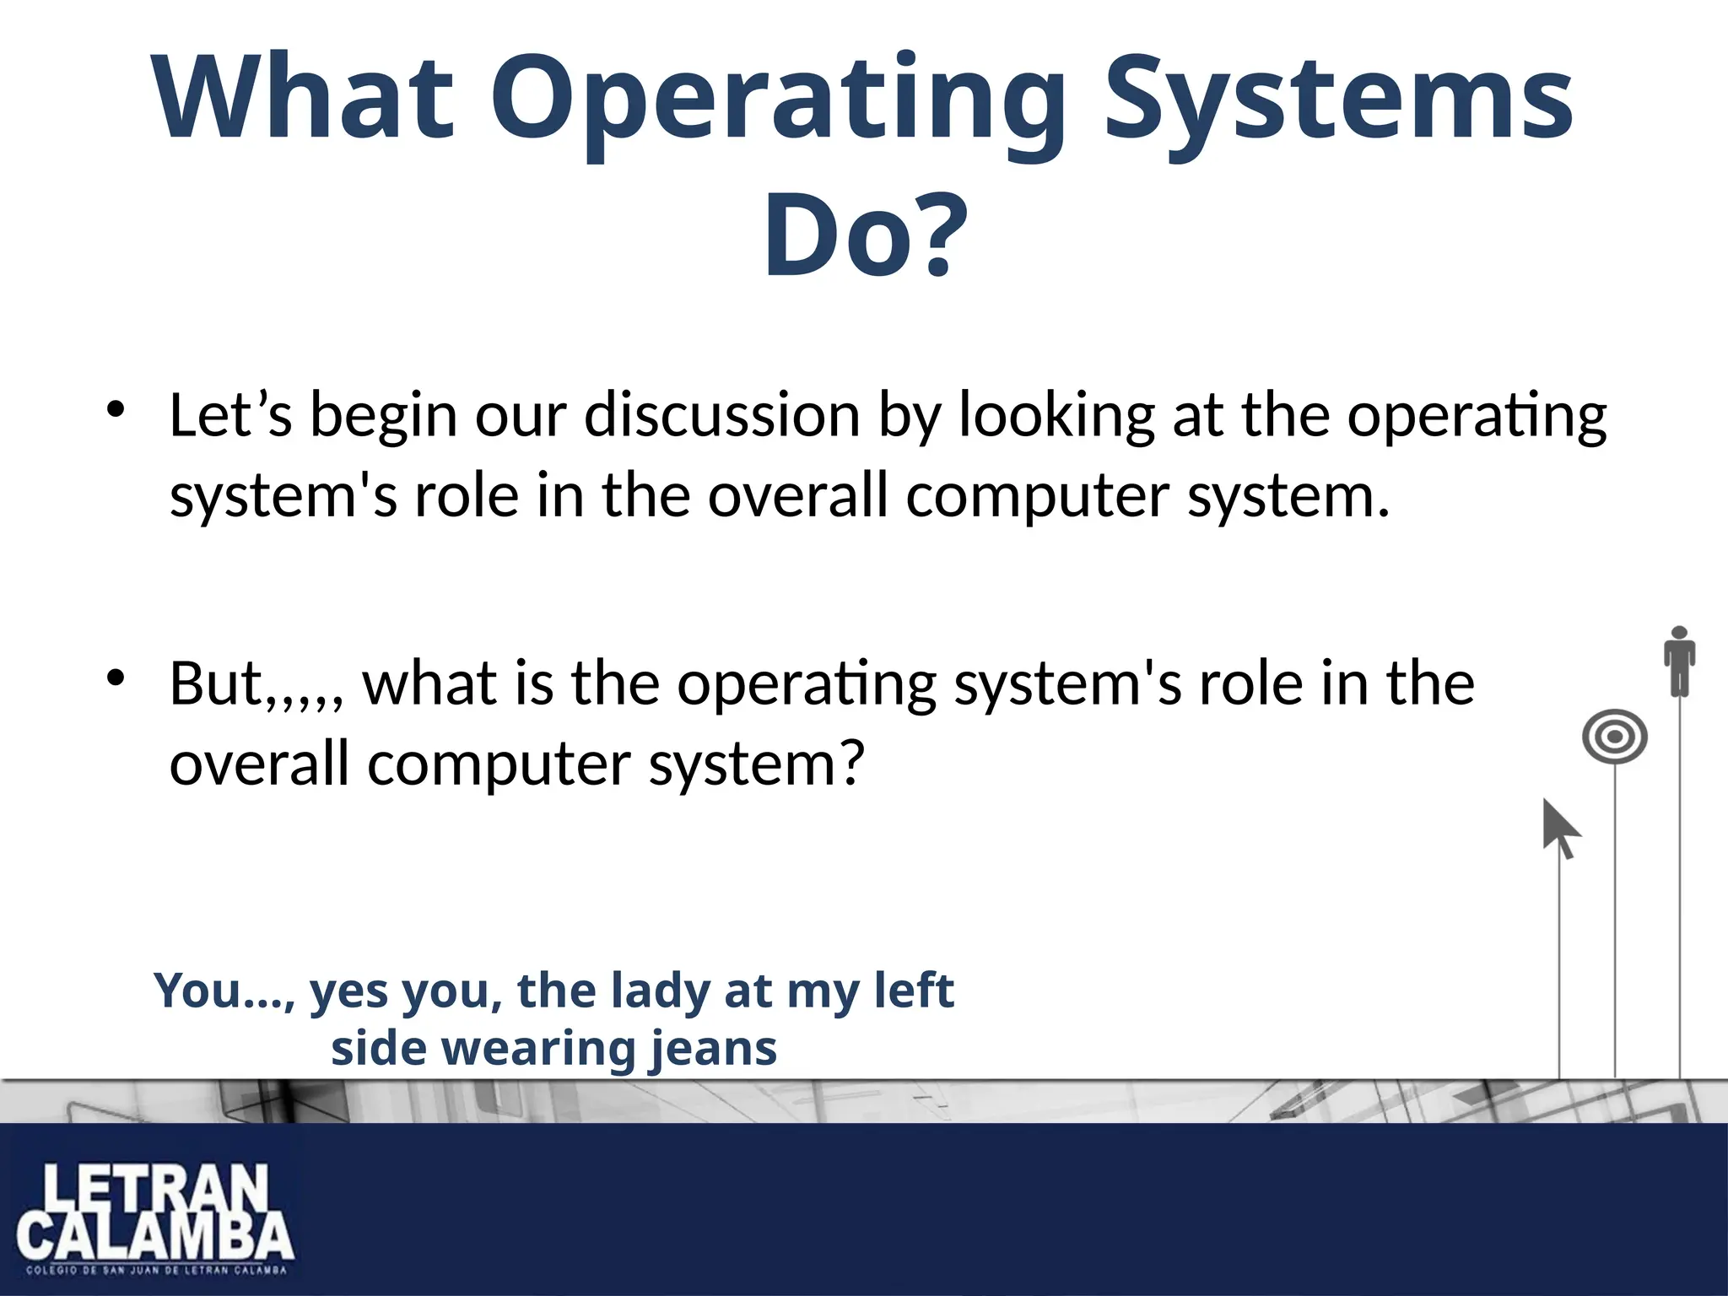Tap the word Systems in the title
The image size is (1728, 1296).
[1338, 100]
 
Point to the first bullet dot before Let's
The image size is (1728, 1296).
[116, 411]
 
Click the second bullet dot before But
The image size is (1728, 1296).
[116, 678]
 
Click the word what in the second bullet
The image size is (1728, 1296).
[430, 683]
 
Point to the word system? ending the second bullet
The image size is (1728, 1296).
[756, 764]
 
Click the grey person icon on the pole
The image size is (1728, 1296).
[1679, 660]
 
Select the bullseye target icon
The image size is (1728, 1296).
[1614, 737]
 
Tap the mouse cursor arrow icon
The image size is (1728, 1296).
[1560, 829]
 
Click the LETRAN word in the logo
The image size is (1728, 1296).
[156, 1189]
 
